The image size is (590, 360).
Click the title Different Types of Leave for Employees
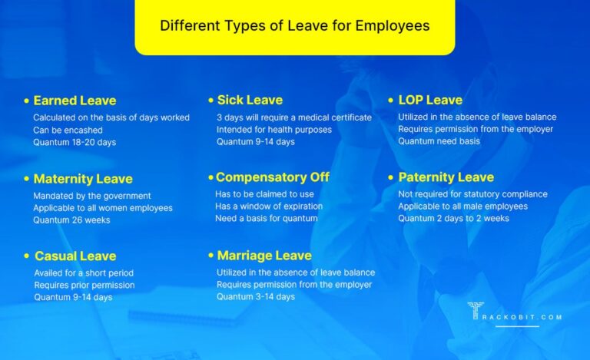point(294,25)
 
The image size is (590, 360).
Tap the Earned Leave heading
point(75,101)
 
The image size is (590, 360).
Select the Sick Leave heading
point(250,100)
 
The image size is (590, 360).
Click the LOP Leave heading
point(430,100)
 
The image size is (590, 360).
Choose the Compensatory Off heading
point(273,177)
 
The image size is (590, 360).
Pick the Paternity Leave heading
point(446,177)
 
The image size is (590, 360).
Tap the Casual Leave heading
point(75,256)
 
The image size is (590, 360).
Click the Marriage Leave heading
point(264,256)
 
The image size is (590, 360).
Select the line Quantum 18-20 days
point(75,142)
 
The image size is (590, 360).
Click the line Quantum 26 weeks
point(71,220)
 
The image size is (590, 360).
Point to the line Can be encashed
point(68,130)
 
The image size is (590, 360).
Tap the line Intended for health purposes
point(274,130)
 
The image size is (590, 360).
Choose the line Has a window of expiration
point(269,206)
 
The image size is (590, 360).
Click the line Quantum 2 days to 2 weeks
point(453,219)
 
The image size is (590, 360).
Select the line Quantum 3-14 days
point(256,296)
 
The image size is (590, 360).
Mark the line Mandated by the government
point(86,195)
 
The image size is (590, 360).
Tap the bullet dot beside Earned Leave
point(27,101)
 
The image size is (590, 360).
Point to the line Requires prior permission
point(84,285)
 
